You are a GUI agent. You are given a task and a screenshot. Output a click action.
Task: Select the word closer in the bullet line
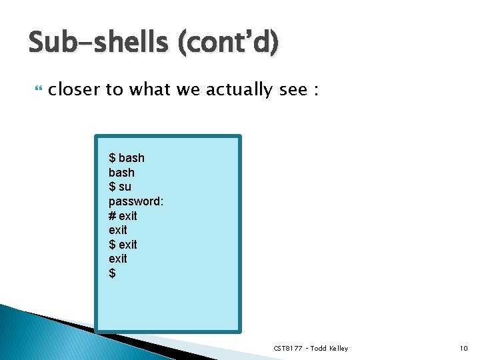pyautogui.click(x=74, y=89)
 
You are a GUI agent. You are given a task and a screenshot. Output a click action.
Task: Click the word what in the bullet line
pyautogui.click(x=150, y=89)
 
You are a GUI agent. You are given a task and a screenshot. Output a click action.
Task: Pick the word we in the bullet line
pyautogui.click(x=188, y=89)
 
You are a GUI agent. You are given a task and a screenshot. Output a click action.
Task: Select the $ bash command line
pyautogui.click(x=127, y=158)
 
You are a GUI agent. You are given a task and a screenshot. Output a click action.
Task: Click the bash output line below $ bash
pyautogui.click(x=121, y=173)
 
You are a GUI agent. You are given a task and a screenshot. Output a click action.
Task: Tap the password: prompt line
pyautogui.click(x=136, y=201)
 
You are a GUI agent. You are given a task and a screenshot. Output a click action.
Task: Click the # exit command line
pyautogui.click(x=123, y=215)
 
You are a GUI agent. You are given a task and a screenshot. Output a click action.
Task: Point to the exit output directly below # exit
pyautogui.click(x=117, y=230)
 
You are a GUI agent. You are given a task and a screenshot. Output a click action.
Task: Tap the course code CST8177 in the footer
pyautogui.click(x=288, y=349)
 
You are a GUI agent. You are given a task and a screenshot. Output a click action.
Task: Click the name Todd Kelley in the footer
pyautogui.click(x=329, y=349)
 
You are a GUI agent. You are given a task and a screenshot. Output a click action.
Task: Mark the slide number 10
pyautogui.click(x=463, y=349)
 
